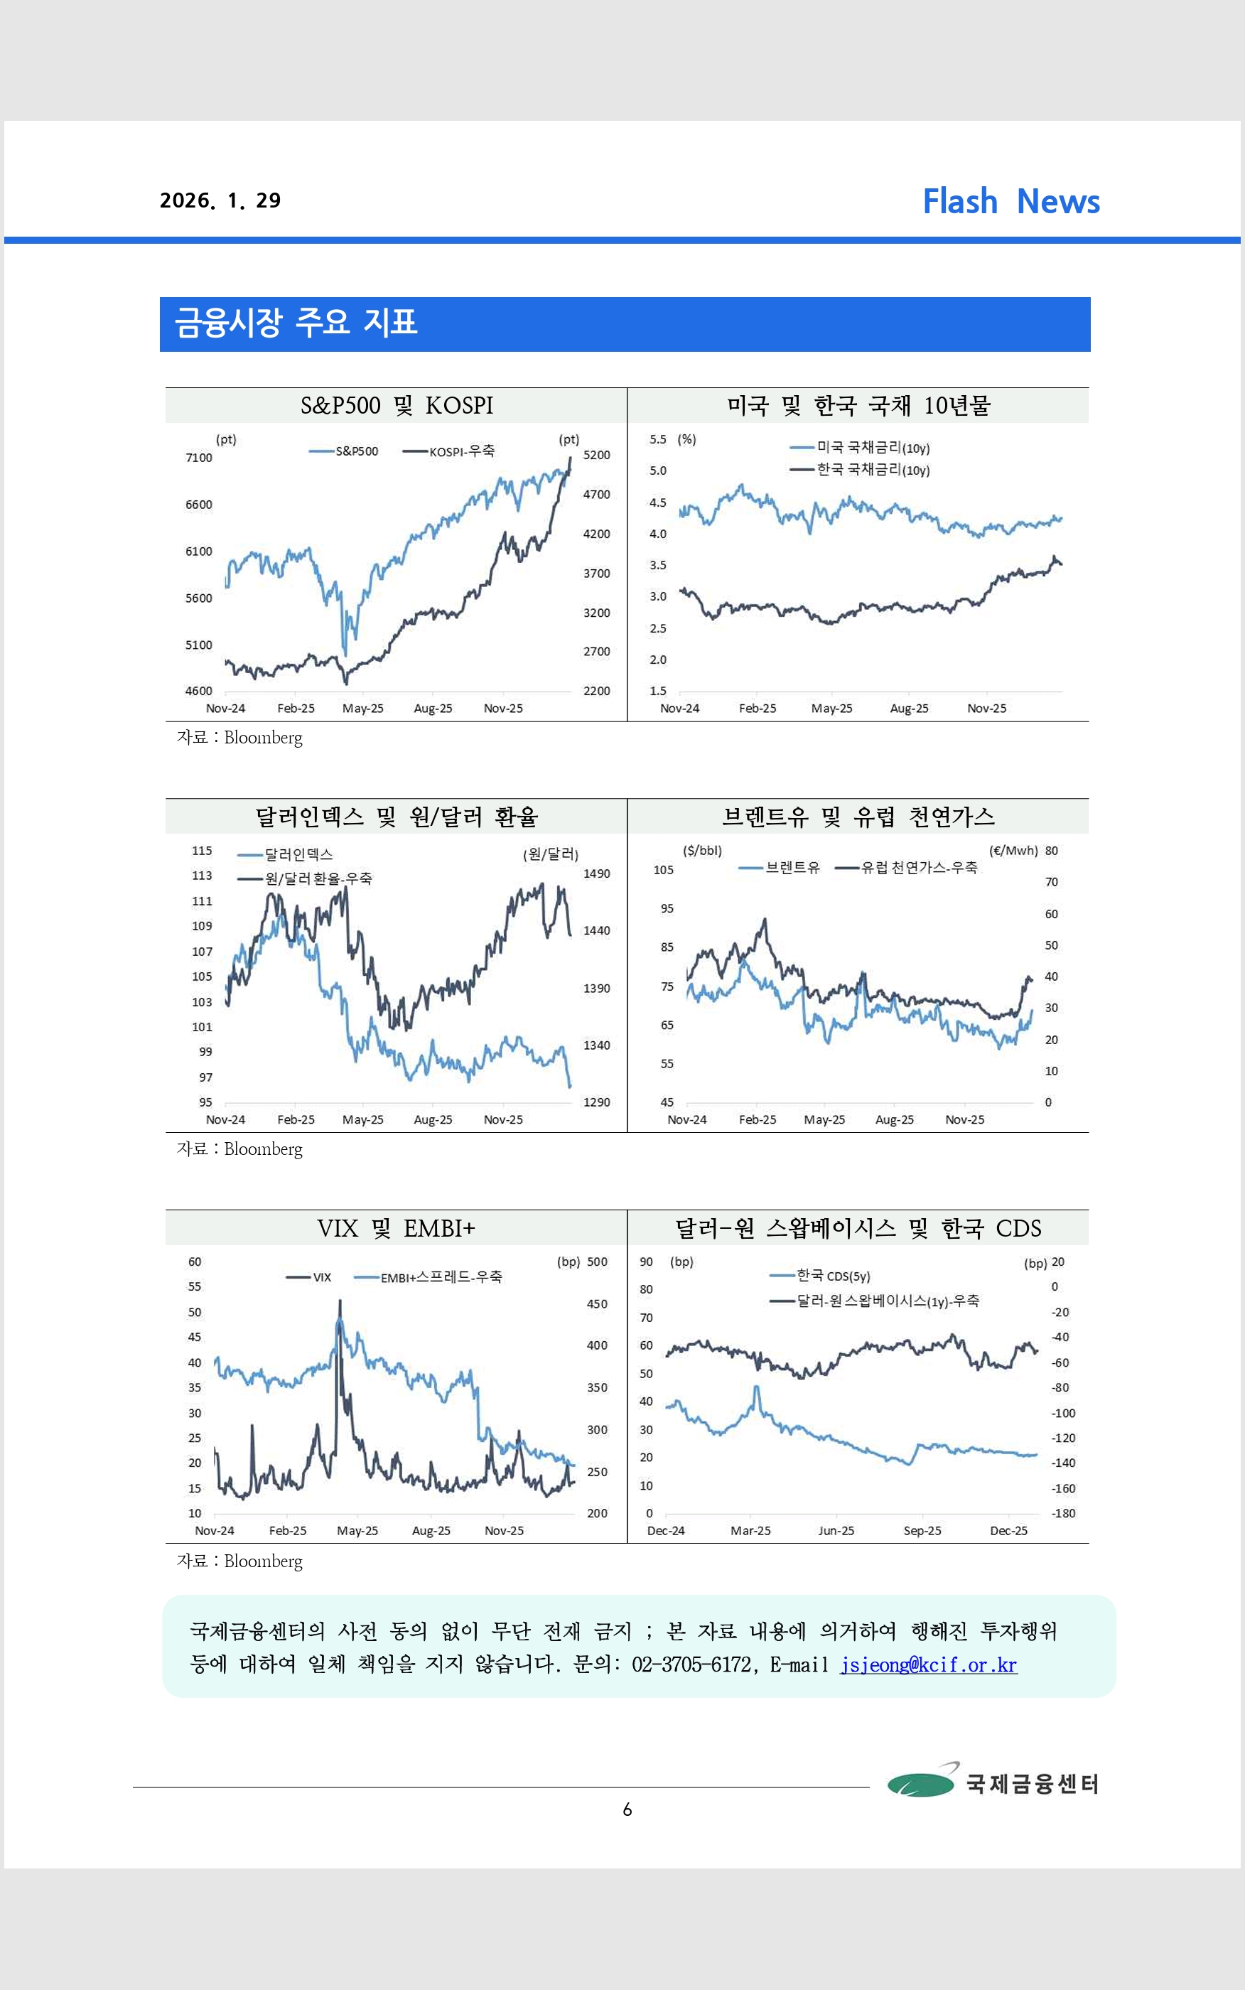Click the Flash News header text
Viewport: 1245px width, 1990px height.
1010,202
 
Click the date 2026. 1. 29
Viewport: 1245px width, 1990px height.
220,201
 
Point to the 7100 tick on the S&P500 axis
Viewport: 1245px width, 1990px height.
198,458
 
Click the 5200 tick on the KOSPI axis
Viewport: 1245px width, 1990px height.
596,456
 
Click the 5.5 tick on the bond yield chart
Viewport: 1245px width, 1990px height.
657,440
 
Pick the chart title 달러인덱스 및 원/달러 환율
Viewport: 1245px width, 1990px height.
396,817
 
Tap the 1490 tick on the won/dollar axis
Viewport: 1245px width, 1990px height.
596,873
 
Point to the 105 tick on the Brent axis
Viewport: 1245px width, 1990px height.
664,870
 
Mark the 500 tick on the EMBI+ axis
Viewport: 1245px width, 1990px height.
597,1262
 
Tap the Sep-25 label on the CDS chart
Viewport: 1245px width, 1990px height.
922,1531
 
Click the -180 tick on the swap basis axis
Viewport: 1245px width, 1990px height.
1063,1513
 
